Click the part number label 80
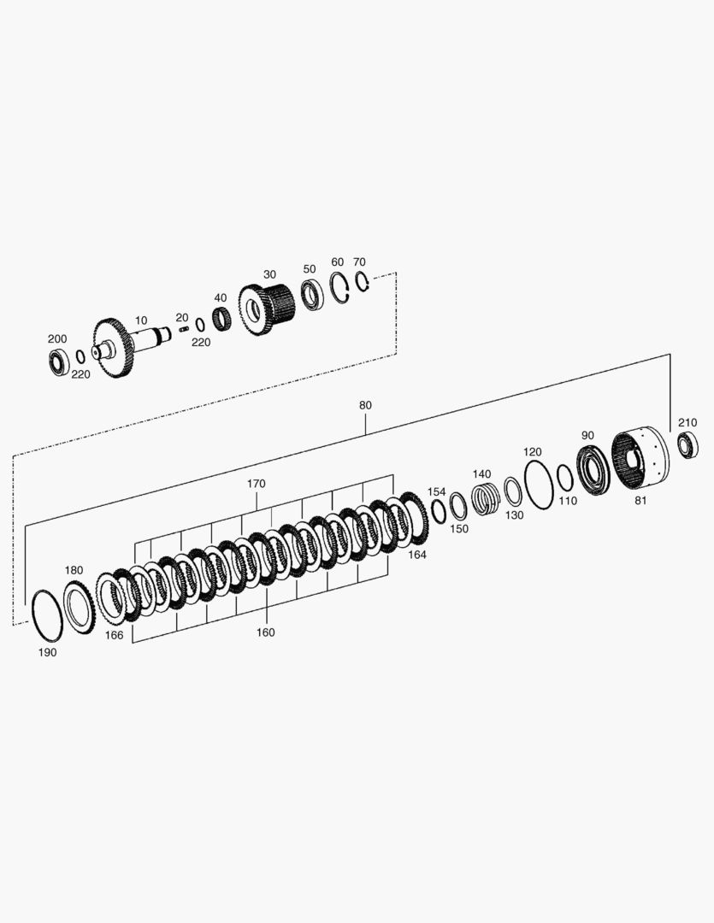365,406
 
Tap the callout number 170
257,484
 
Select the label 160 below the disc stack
266,632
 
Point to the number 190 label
47,653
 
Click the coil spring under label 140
486,498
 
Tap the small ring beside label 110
558,478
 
